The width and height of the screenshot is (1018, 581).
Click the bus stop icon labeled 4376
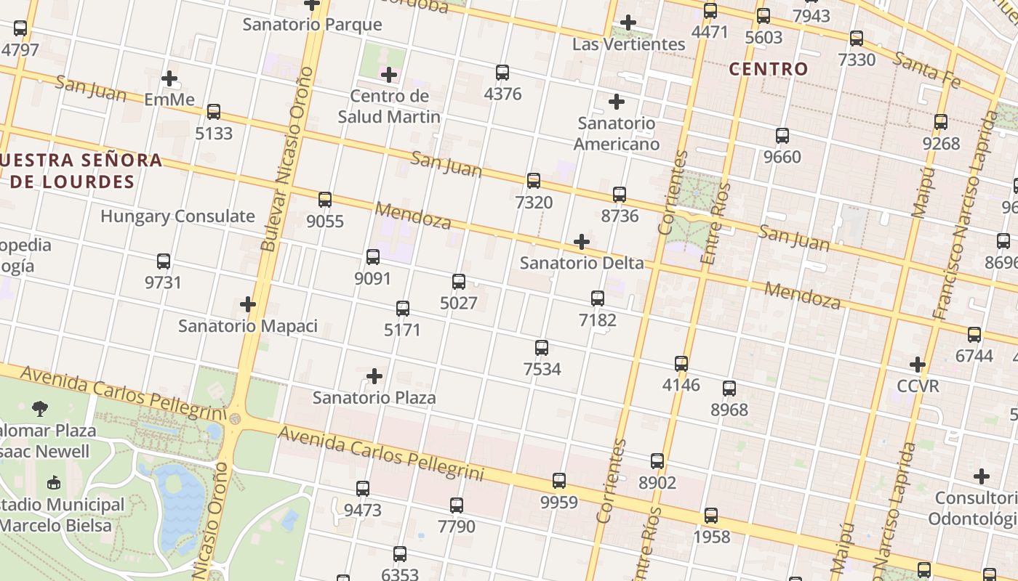coord(502,73)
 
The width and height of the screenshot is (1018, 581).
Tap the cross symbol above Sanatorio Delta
coord(581,242)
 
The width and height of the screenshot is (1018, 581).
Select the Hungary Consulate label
coord(177,216)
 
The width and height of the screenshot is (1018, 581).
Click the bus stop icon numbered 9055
coord(325,200)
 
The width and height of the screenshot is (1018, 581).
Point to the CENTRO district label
coord(769,69)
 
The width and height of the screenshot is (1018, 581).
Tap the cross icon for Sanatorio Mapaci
coord(248,304)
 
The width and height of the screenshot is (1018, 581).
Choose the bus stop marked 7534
coord(542,348)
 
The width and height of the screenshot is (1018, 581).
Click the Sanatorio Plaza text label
coord(374,397)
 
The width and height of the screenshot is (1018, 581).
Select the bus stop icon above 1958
coord(711,516)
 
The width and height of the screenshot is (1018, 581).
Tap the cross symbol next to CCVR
coord(918,364)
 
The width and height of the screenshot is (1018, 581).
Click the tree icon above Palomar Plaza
coord(40,409)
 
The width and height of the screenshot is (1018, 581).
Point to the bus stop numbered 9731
coord(164,261)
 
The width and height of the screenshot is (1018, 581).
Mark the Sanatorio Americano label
coord(616,133)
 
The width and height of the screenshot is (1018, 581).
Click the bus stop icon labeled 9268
coord(941,122)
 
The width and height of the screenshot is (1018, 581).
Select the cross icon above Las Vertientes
coord(628,23)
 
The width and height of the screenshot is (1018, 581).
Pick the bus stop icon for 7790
coord(456,505)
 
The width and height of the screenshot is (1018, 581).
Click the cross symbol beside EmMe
coord(169,78)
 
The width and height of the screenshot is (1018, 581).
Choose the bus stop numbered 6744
coord(974,335)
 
